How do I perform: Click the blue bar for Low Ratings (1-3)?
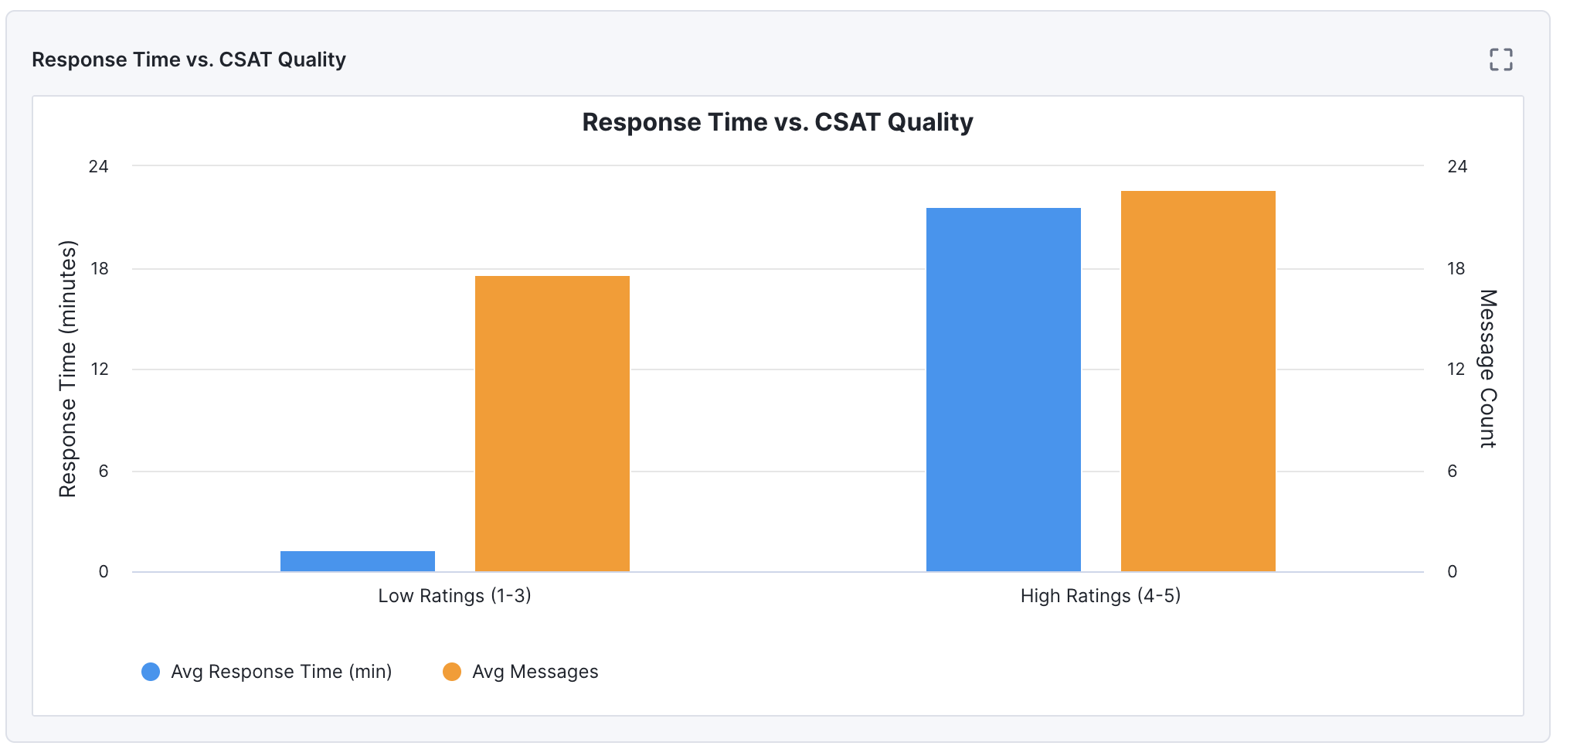(357, 561)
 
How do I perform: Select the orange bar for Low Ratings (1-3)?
(552, 424)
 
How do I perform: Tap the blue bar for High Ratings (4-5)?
(1003, 390)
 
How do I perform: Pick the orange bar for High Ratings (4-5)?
(1198, 381)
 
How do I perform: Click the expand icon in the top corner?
(1500, 60)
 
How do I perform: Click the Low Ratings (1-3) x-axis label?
(454, 596)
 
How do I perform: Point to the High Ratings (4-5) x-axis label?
(1100, 596)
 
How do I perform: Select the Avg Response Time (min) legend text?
(281, 672)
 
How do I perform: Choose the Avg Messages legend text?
(535, 672)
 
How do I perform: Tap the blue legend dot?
(151, 672)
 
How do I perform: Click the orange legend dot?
(452, 672)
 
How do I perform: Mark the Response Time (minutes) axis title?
(68, 369)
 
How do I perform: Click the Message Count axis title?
(1488, 369)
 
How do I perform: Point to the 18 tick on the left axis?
(100, 269)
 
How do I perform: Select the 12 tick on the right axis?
(1456, 369)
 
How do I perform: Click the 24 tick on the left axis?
(99, 166)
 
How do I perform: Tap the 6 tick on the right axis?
(1452, 472)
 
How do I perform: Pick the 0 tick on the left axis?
(104, 572)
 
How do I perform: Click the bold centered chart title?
(777, 122)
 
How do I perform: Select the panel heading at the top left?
(189, 60)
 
